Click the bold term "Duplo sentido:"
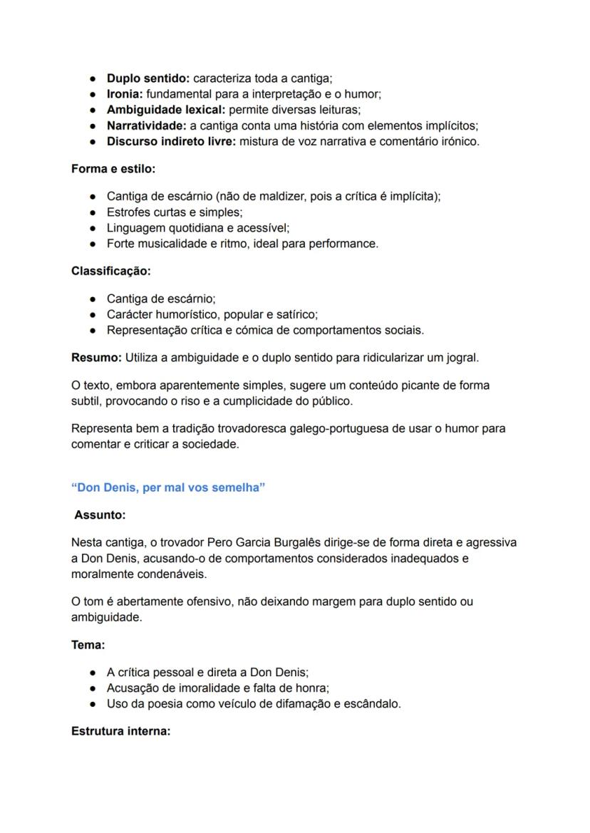pos(148,78)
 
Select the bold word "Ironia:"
pos(125,94)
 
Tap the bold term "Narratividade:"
pos(147,125)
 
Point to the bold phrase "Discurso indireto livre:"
pos(171,141)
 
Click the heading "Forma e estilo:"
pos(113,169)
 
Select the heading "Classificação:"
pos(111,271)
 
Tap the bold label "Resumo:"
pos(97,357)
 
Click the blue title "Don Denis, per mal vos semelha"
pos(168,487)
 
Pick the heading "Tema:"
pos(88,645)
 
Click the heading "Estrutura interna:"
pos(120,731)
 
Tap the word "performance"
pos(347,244)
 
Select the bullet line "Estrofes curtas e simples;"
pos(175,212)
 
